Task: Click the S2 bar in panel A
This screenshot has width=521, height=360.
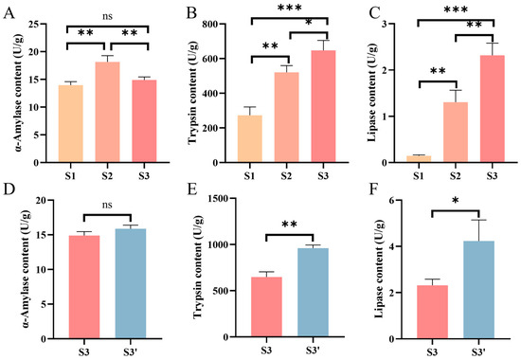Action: (x=107, y=112)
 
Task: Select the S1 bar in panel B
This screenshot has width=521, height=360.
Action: (x=249, y=139)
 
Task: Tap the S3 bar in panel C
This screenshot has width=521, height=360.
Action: (x=492, y=109)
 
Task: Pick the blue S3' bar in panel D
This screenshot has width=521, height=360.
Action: (x=131, y=283)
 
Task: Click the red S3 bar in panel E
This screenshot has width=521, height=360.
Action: (x=266, y=308)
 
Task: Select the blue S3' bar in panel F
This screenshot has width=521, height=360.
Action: (x=478, y=290)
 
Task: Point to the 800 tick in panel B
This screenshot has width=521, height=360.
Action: (x=217, y=25)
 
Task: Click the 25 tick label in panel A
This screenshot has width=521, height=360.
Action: (x=32, y=25)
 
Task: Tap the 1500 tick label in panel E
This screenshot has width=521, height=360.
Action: (x=219, y=198)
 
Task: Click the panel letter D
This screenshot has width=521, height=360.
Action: (x=9, y=190)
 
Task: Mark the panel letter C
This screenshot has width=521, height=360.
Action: (x=374, y=13)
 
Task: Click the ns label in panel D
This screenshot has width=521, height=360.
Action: (x=107, y=205)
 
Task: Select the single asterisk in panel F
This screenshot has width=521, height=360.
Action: (x=456, y=201)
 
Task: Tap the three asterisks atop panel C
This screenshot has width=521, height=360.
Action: (x=456, y=9)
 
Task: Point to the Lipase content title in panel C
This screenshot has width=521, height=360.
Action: (x=372, y=93)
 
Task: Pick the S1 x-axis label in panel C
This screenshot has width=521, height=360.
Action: (x=419, y=175)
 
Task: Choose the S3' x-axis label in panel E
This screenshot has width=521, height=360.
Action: (x=313, y=351)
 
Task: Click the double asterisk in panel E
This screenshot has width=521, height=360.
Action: (x=290, y=225)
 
